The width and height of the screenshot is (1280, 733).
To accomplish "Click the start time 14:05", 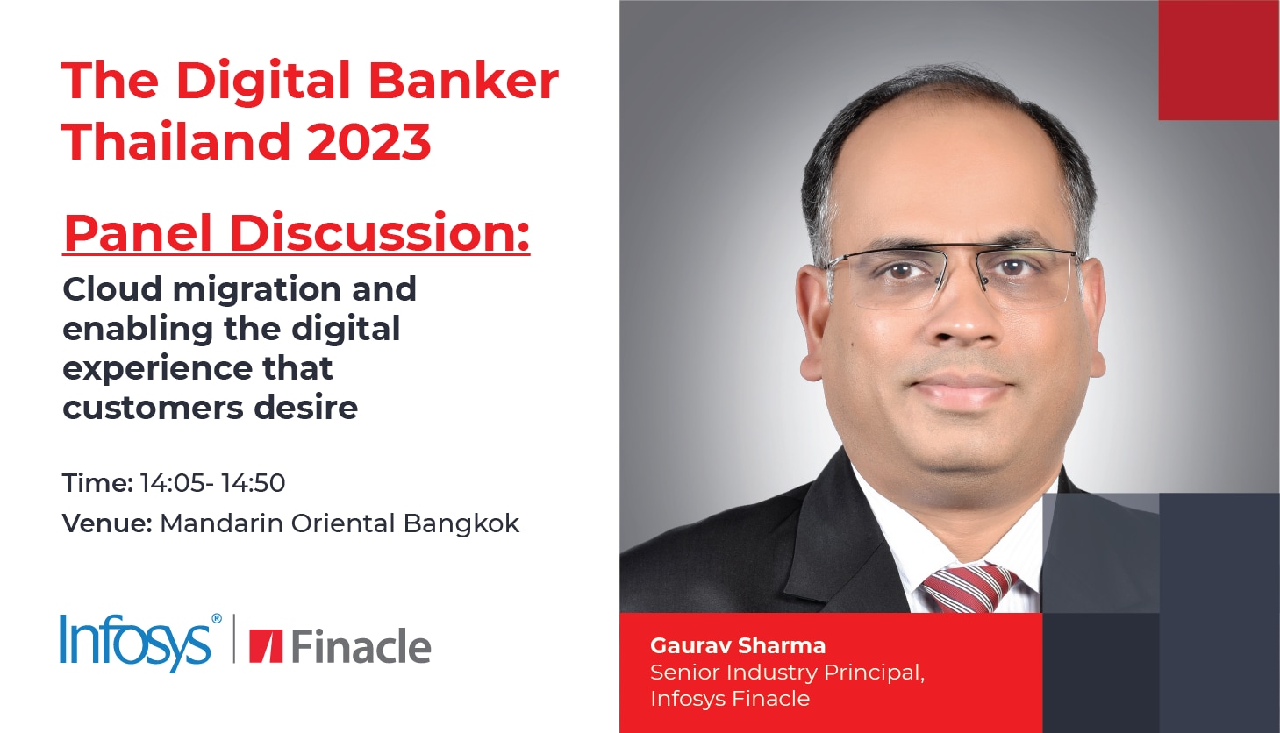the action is [x=172, y=483].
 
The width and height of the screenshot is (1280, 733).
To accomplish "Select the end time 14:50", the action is [x=254, y=483].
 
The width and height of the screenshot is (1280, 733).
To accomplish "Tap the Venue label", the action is [x=107, y=523].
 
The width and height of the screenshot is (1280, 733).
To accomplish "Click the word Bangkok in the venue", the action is [x=461, y=523].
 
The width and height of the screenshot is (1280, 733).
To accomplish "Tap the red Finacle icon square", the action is [x=266, y=646].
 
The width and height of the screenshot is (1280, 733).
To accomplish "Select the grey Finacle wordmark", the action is [x=361, y=646].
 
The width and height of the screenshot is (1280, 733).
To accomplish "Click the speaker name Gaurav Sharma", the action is [x=738, y=645].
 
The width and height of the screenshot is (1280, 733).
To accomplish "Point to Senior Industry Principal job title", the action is [x=788, y=673].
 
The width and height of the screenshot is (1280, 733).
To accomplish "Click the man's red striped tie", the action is [x=969, y=588].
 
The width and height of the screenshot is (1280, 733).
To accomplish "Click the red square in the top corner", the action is [x=1219, y=60].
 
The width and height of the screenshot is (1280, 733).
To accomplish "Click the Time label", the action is [x=97, y=483].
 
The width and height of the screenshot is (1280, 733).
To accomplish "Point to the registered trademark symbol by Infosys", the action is [x=217, y=619].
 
